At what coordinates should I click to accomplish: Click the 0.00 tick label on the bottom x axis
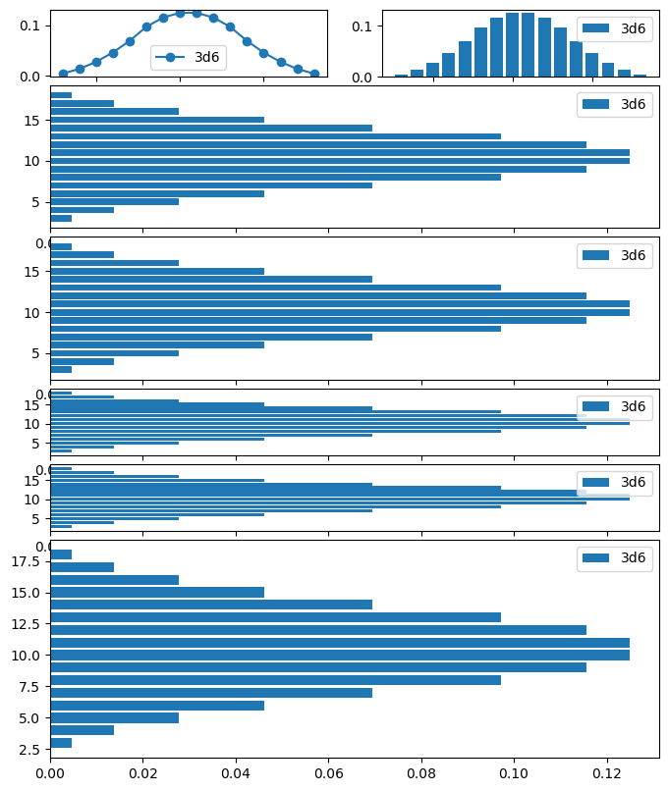coord(50,773)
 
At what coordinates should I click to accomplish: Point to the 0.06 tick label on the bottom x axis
coord(329,773)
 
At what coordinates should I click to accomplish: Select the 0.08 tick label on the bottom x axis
coord(421,773)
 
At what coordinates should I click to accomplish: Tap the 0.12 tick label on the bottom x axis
coord(607,773)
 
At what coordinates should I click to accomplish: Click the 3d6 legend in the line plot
coord(189,57)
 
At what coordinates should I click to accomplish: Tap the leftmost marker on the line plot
coord(63,74)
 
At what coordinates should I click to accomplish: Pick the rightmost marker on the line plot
coord(314,74)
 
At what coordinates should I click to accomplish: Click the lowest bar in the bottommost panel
coord(61,743)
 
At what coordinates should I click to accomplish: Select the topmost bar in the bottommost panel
coord(61,554)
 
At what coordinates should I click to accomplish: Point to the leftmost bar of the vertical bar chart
coord(401,76)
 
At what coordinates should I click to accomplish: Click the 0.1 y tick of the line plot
coord(30,24)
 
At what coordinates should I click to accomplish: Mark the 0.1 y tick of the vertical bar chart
coord(362,26)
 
